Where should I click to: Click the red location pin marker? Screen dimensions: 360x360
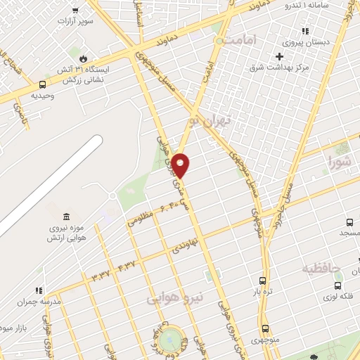(x=181, y=165)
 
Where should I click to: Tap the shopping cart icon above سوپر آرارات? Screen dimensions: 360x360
(x=75, y=11)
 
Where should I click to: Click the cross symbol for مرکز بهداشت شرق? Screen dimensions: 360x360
(x=280, y=56)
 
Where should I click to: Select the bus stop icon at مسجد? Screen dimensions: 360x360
(x=349, y=219)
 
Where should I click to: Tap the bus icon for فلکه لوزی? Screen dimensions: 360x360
(x=339, y=285)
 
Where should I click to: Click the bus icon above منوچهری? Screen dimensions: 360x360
(x=265, y=328)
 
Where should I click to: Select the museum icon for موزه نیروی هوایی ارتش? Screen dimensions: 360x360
(x=66, y=217)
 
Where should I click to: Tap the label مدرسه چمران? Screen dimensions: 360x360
(x=41, y=300)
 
